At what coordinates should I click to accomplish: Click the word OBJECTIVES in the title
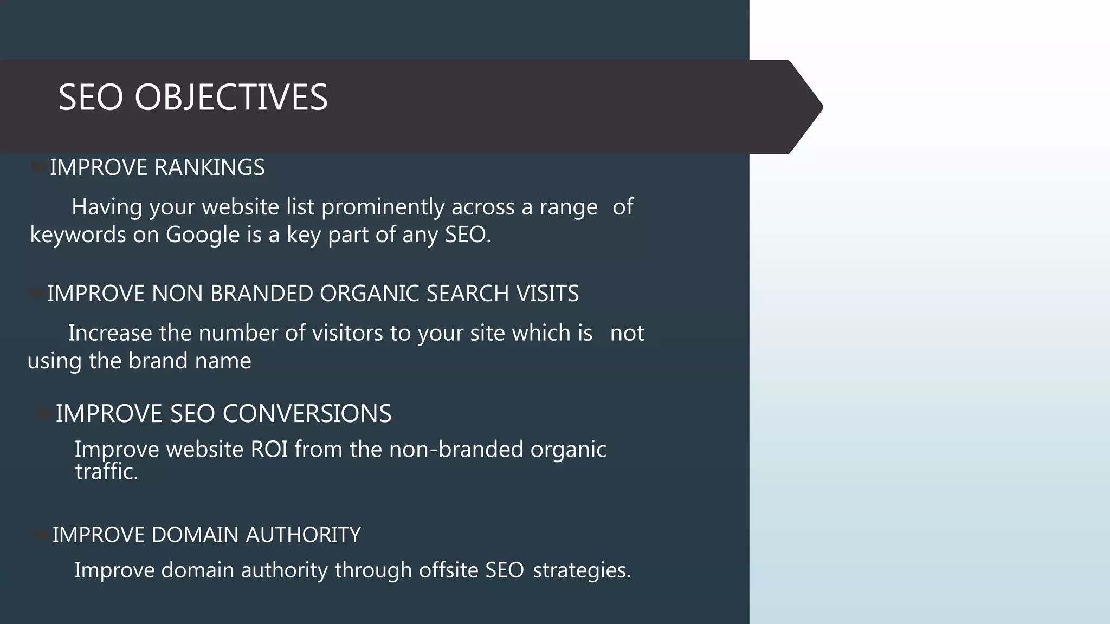click(231, 97)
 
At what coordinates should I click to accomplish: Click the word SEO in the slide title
click(91, 97)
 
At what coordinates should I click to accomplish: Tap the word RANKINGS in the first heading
click(210, 167)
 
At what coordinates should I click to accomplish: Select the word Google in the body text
click(203, 235)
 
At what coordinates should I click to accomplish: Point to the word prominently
click(383, 207)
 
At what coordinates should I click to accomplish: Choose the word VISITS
click(547, 294)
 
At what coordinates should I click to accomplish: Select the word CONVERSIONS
click(307, 414)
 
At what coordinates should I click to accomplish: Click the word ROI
click(269, 450)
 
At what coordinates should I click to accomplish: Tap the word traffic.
click(106, 472)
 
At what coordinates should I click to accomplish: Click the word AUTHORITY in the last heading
click(303, 535)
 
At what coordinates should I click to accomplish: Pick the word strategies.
click(582, 570)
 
